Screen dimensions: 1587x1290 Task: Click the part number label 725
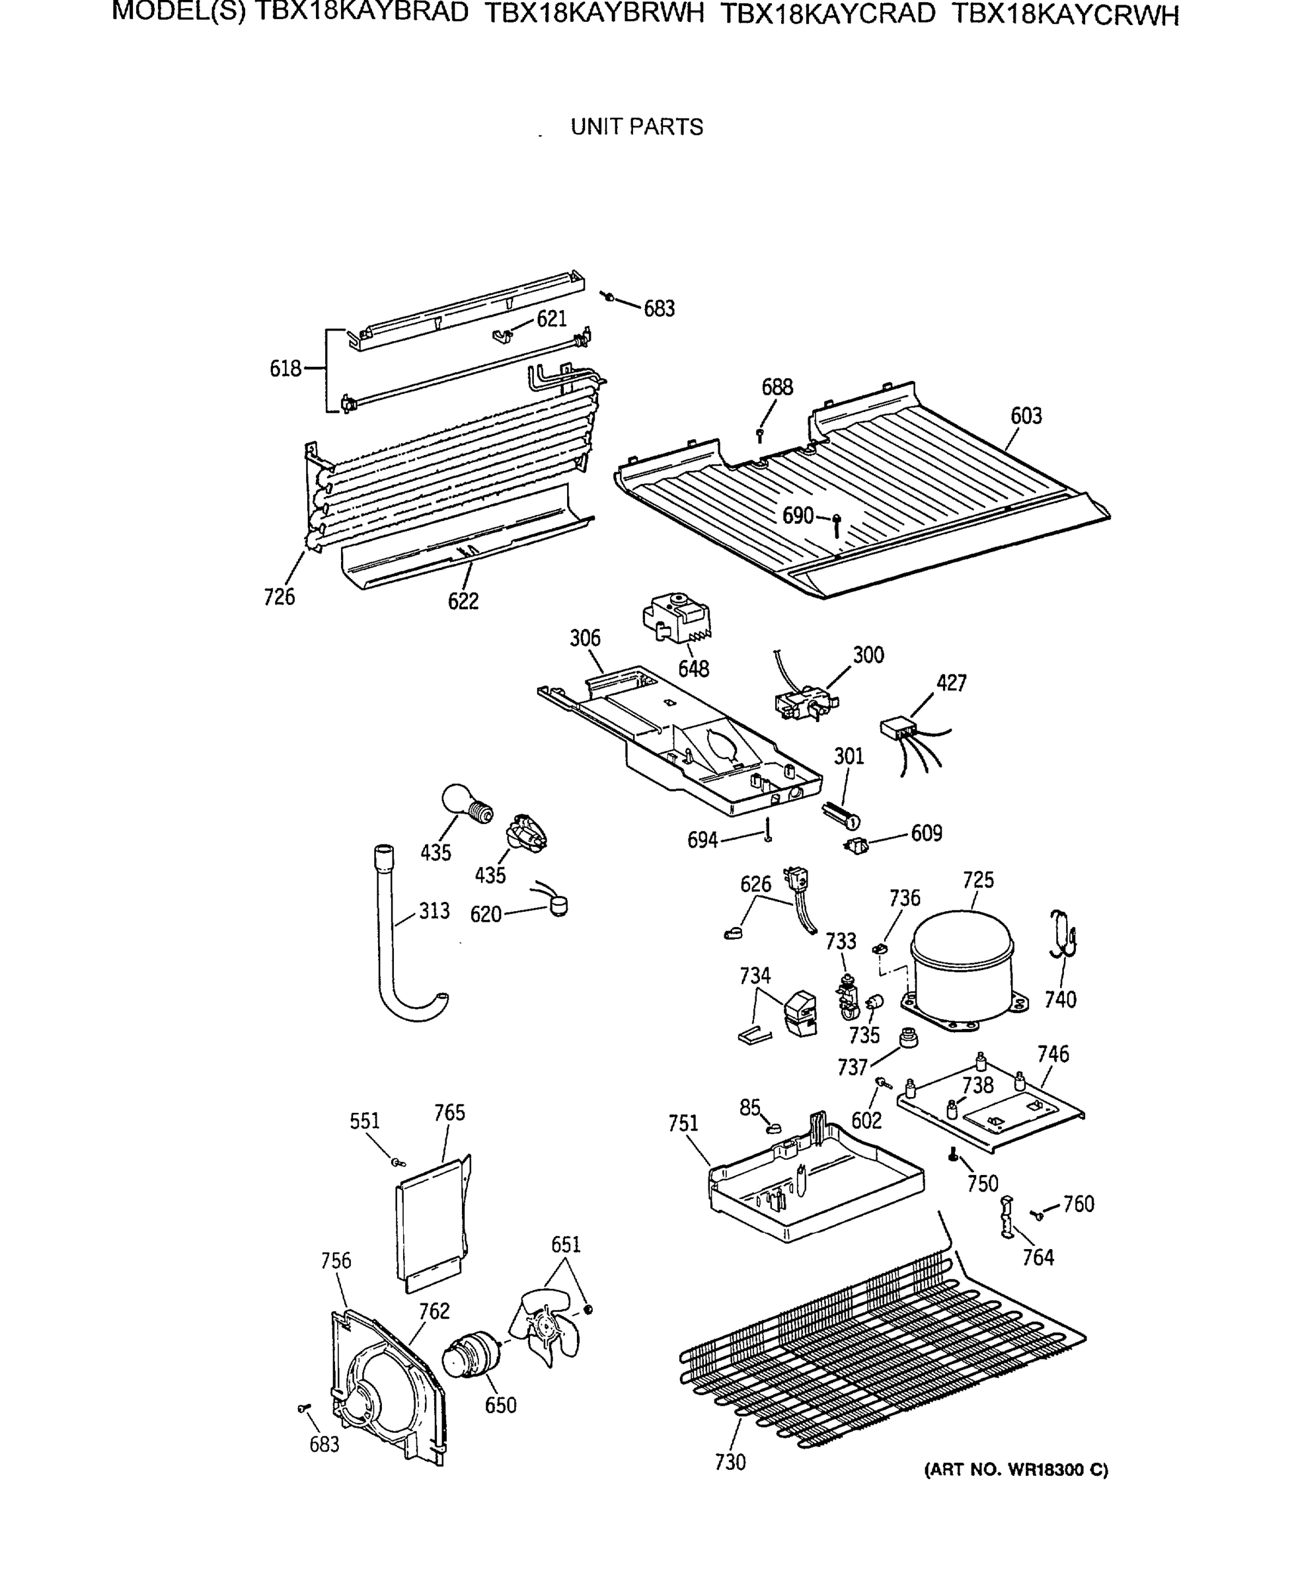978,880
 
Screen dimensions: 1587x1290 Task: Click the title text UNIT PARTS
637,127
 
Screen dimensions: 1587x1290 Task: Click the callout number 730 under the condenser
730,1462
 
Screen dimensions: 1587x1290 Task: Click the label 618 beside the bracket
285,369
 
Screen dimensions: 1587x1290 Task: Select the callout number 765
449,1113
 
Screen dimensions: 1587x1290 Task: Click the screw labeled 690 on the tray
837,524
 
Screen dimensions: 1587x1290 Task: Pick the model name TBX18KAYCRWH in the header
1065,15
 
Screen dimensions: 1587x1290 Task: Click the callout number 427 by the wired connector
951,682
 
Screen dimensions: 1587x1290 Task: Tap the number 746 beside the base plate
1053,1053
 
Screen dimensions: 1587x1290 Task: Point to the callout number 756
336,1261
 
